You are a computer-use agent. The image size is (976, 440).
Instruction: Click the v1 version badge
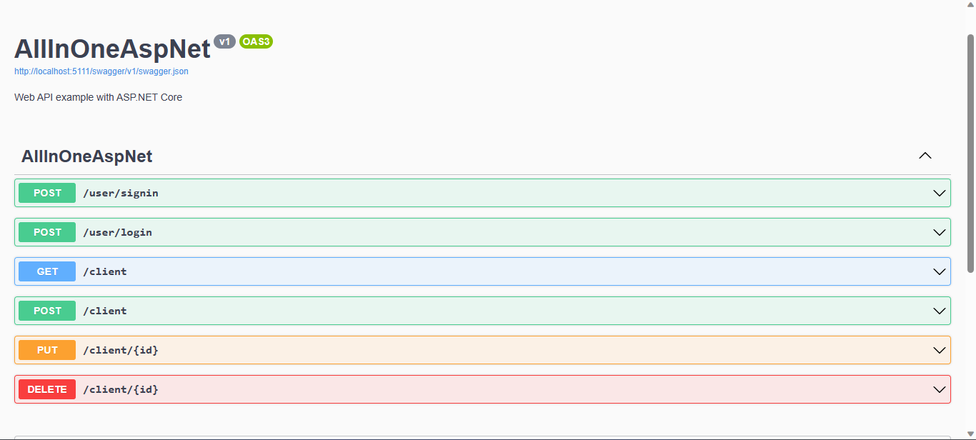click(x=224, y=41)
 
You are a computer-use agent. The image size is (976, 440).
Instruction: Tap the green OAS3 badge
click(x=256, y=41)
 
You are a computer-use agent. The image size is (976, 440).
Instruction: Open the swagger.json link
click(x=101, y=71)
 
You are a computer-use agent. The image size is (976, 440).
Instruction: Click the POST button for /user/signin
click(x=47, y=193)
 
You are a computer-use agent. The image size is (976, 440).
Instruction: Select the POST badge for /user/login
click(x=47, y=232)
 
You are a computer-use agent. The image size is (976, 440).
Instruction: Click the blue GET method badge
click(x=47, y=271)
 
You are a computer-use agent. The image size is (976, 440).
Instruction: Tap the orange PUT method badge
click(x=47, y=350)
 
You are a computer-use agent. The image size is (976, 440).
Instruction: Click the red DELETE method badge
click(x=47, y=389)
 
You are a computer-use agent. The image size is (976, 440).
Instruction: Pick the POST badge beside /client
click(x=47, y=311)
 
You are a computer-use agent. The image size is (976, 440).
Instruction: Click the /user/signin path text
click(x=121, y=193)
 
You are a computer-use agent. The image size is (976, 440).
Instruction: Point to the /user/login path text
click(x=118, y=232)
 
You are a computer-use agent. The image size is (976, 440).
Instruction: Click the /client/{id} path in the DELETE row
click(x=121, y=389)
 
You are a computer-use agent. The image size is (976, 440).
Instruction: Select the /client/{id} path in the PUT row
click(x=121, y=350)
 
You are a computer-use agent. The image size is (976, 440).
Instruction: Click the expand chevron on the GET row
click(x=939, y=271)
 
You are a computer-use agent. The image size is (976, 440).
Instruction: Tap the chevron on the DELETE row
click(x=939, y=389)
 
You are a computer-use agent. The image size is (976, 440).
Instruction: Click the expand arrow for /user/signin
click(x=939, y=193)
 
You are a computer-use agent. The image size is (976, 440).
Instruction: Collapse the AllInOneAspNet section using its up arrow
click(x=925, y=156)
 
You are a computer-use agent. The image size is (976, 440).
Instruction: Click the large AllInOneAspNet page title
click(x=112, y=49)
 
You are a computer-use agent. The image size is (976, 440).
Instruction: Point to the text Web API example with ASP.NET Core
click(x=98, y=97)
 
